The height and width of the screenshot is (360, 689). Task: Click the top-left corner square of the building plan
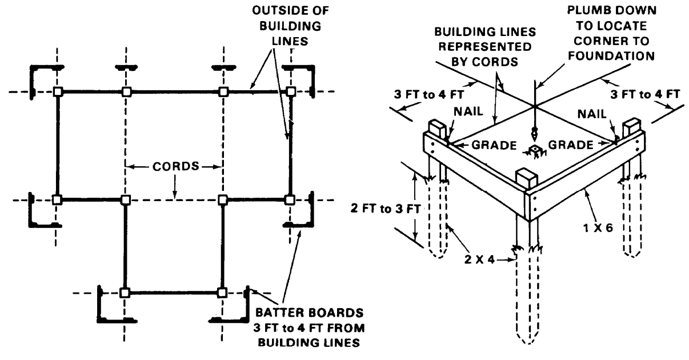click(x=57, y=91)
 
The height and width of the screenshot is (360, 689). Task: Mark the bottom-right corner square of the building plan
click(x=222, y=293)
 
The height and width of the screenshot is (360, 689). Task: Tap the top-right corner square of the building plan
click(x=291, y=91)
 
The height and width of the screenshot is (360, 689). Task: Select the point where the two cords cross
click(x=532, y=106)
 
